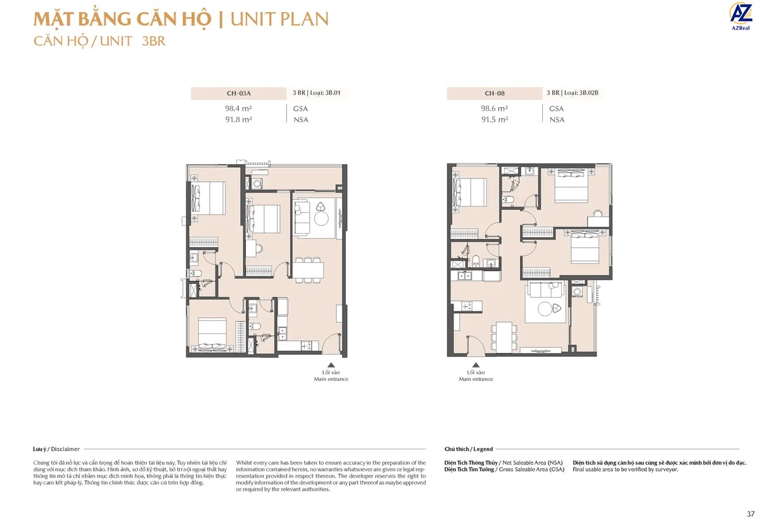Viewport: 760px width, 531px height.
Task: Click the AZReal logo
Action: [x=740, y=16]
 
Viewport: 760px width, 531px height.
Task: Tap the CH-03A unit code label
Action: [x=238, y=93]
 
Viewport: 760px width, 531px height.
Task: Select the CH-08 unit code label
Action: [x=494, y=93]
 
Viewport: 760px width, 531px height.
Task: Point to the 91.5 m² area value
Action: [x=494, y=119]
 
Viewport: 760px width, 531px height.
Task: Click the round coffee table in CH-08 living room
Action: [x=544, y=309]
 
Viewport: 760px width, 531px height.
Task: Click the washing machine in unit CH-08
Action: [x=577, y=292]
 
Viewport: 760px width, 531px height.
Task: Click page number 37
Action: [x=750, y=513]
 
